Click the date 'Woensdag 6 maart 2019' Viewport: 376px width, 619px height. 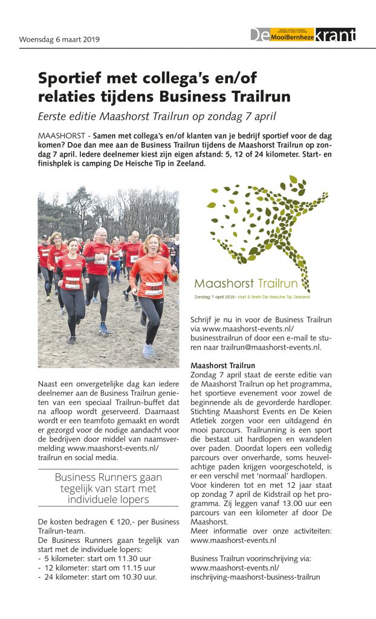click(x=59, y=40)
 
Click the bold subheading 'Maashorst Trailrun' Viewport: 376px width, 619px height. click(x=222, y=366)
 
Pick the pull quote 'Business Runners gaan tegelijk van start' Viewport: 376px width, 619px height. click(x=108, y=487)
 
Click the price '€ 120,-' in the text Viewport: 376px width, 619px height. click(x=110, y=522)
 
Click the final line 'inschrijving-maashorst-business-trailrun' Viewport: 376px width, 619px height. click(x=254, y=577)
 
